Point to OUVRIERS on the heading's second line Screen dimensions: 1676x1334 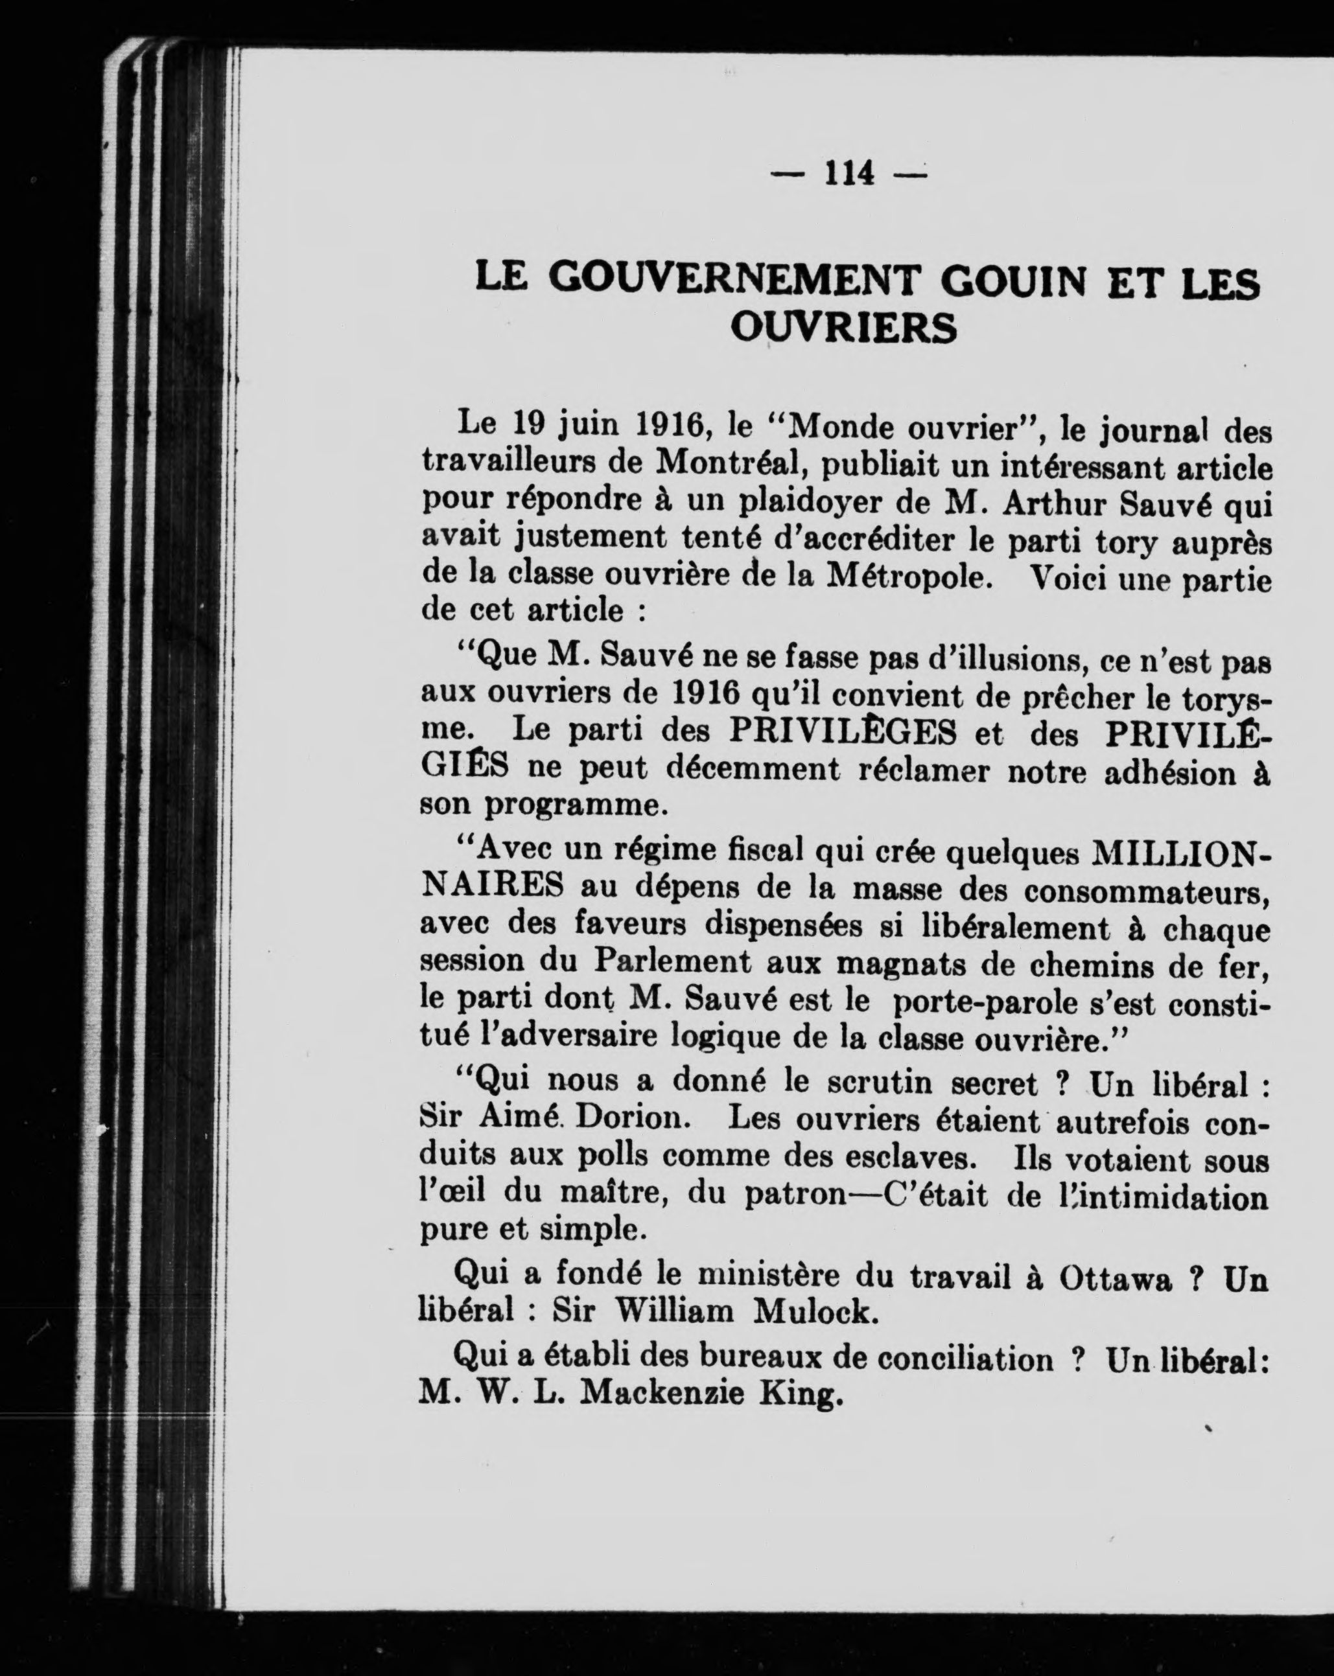pos(843,327)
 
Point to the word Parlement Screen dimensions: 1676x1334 pos(673,961)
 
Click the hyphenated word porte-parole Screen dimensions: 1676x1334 pos(985,1000)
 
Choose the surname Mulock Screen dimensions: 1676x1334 pos(816,1313)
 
